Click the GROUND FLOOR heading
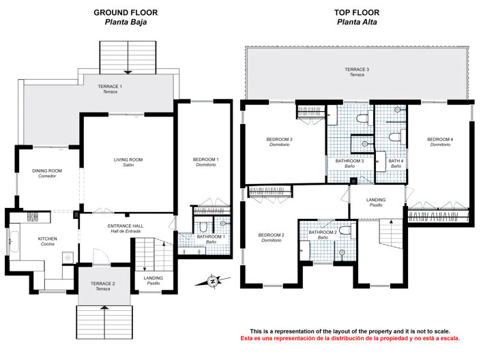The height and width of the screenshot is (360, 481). [126, 12]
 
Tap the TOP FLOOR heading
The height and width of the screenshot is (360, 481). [356, 12]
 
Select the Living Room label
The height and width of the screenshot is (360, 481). [128, 162]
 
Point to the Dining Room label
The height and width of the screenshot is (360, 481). [47, 173]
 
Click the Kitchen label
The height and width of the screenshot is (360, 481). [47, 241]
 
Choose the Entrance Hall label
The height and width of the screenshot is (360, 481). [124, 229]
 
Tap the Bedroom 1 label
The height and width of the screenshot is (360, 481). [205, 162]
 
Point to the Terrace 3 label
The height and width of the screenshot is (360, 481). [357, 72]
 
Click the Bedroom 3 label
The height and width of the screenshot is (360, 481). [280, 142]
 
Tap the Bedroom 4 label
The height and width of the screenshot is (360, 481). [440, 142]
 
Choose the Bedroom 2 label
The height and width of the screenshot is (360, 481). [271, 237]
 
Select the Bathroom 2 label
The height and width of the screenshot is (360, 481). [323, 234]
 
